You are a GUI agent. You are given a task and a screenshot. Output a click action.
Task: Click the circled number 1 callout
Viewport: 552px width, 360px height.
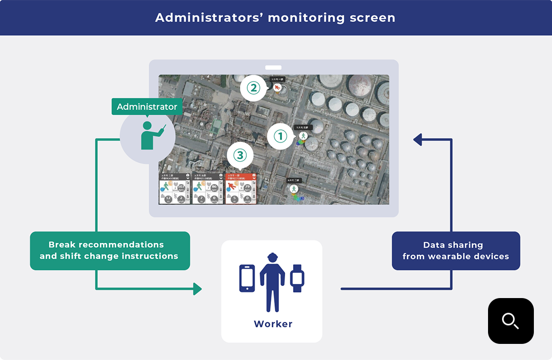(280, 136)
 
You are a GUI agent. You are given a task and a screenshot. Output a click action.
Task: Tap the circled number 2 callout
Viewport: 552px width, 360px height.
(253, 89)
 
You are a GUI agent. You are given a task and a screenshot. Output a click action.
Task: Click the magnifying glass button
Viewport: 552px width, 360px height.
(510, 321)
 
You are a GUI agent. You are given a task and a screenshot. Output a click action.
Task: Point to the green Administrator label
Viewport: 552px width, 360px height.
(147, 107)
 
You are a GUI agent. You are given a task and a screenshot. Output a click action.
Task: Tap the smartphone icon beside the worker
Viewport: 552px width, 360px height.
(247, 278)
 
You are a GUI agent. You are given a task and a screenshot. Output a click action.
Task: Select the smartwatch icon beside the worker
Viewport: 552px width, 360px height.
(297, 278)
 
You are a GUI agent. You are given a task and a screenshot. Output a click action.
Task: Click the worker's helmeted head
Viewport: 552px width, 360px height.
(272, 257)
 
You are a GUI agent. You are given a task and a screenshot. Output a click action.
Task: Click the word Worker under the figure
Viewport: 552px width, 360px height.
(273, 324)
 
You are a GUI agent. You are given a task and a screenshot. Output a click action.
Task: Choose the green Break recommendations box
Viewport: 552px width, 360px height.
(110, 251)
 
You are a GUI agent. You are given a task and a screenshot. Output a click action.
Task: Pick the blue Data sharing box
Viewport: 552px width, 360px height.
(455, 251)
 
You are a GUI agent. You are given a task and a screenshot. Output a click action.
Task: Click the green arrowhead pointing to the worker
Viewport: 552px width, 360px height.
(197, 289)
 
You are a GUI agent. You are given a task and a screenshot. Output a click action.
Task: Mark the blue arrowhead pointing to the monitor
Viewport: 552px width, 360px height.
(418, 139)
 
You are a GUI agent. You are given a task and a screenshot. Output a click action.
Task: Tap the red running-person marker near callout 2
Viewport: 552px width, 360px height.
(277, 88)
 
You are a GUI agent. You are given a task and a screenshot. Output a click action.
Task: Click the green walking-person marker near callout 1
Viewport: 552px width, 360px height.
(303, 136)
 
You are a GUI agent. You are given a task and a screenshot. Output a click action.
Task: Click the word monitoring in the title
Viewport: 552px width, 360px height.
(306, 18)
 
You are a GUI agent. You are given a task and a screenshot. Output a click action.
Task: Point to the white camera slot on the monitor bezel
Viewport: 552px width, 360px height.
(273, 67)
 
